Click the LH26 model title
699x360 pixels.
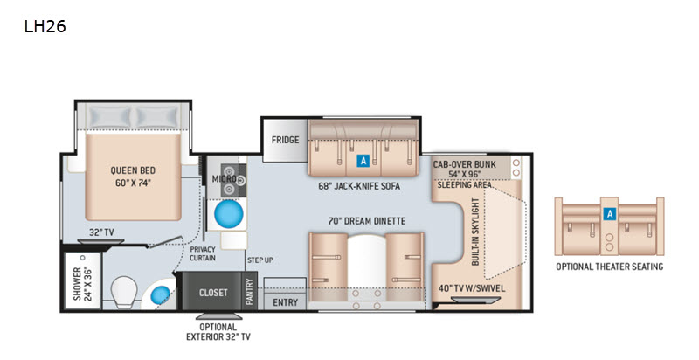point(45,27)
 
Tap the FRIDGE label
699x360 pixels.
point(286,140)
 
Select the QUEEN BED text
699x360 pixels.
point(133,170)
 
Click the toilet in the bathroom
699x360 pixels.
point(123,292)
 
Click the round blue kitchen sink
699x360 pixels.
point(229,214)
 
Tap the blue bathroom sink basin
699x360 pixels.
point(161,295)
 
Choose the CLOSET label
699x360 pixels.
point(213,293)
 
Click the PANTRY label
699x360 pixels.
point(249,292)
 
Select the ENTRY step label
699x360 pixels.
point(286,302)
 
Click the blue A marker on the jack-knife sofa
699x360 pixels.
point(363,161)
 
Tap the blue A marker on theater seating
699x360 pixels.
point(609,214)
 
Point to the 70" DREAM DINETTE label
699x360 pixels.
point(367,221)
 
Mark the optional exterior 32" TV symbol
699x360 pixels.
point(219,316)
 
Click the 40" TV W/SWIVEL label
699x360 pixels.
point(472,288)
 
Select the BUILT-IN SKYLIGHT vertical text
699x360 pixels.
point(475,232)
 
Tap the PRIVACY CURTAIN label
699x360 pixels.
point(203,253)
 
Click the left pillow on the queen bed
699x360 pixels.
point(108,118)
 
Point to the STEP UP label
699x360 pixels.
point(260,260)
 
